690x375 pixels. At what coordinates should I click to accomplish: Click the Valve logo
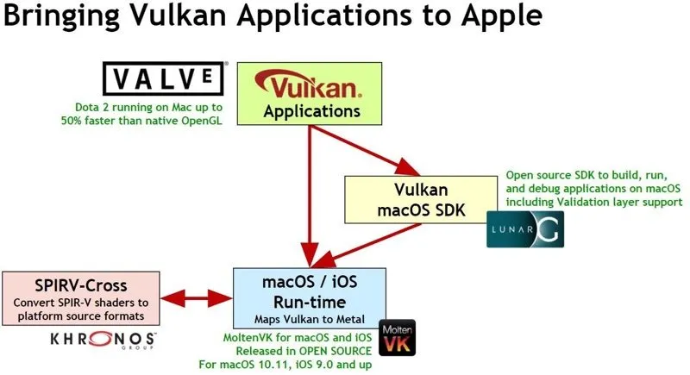click(165, 80)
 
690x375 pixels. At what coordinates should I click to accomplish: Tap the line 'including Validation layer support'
click(594, 201)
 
